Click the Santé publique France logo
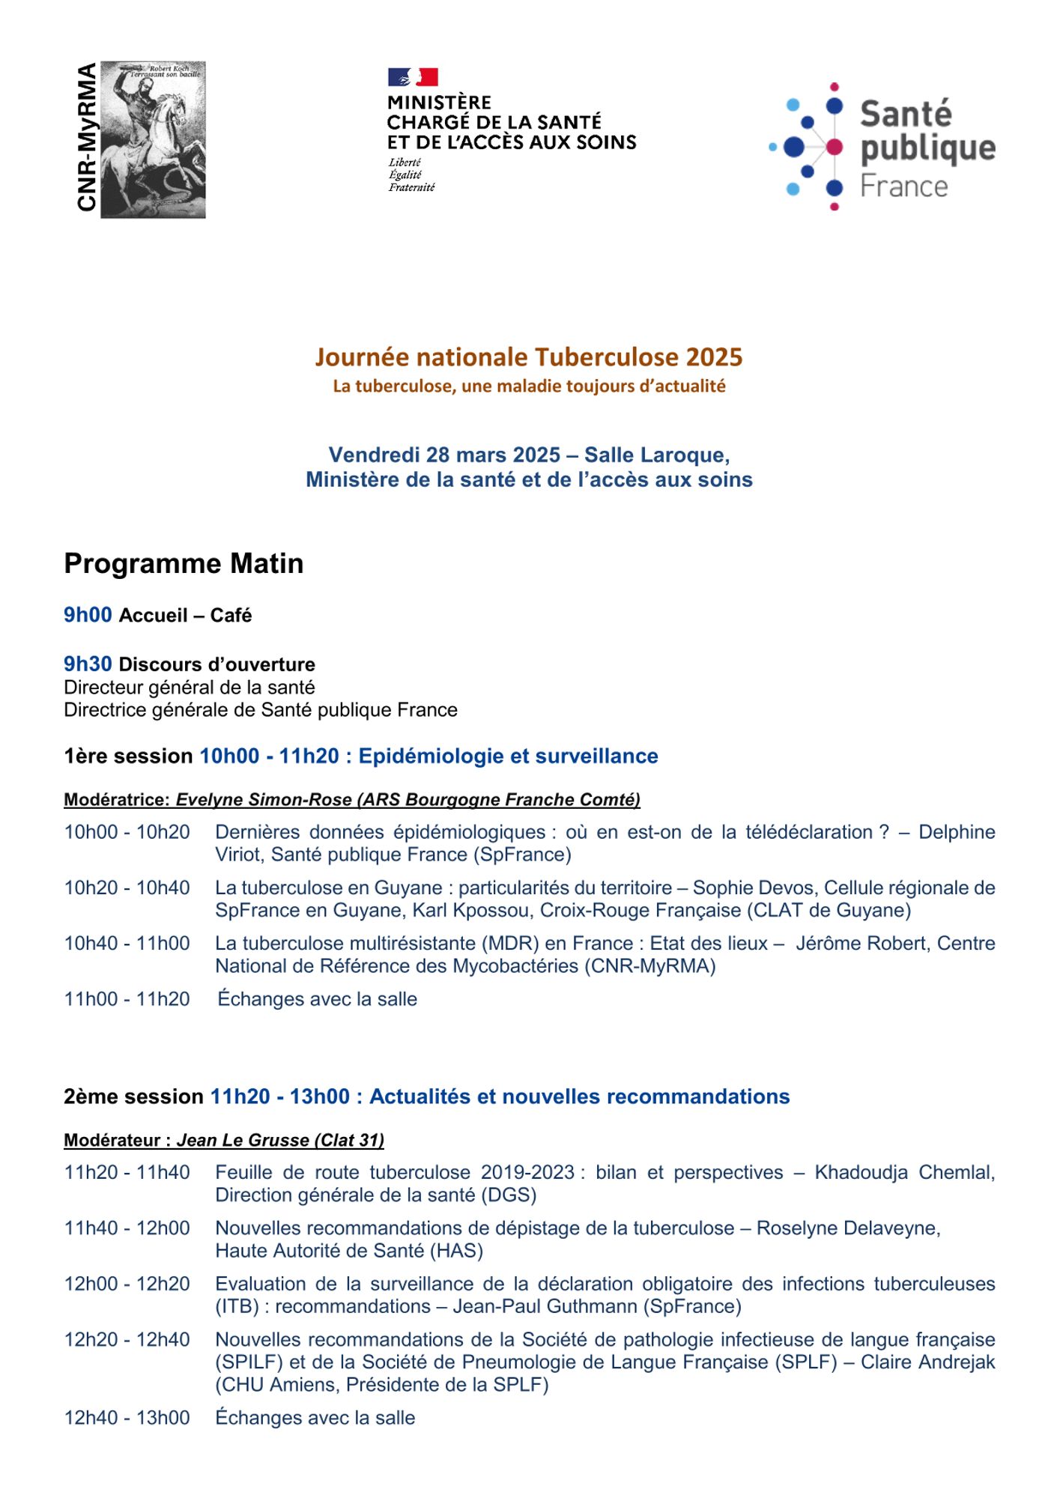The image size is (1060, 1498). point(882,147)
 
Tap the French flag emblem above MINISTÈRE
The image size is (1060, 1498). point(413,77)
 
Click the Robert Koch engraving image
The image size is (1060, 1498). point(153,140)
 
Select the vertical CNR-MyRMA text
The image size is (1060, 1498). point(87,137)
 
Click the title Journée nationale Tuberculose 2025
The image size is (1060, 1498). point(528,357)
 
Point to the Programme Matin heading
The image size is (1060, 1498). point(184,564)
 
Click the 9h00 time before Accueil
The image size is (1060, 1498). point(88,615)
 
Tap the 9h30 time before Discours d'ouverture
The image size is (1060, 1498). point(88,664)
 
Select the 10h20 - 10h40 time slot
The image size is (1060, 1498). point(127,888)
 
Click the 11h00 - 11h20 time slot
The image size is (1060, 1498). point(127,999)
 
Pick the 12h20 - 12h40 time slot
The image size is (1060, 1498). point(127,1339)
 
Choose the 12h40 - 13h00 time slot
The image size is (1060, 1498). point(127,1418)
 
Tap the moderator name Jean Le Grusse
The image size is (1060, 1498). point(243,1140)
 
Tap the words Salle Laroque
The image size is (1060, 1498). point(656,455)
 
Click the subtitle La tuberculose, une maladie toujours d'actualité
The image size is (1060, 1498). point(529,386)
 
